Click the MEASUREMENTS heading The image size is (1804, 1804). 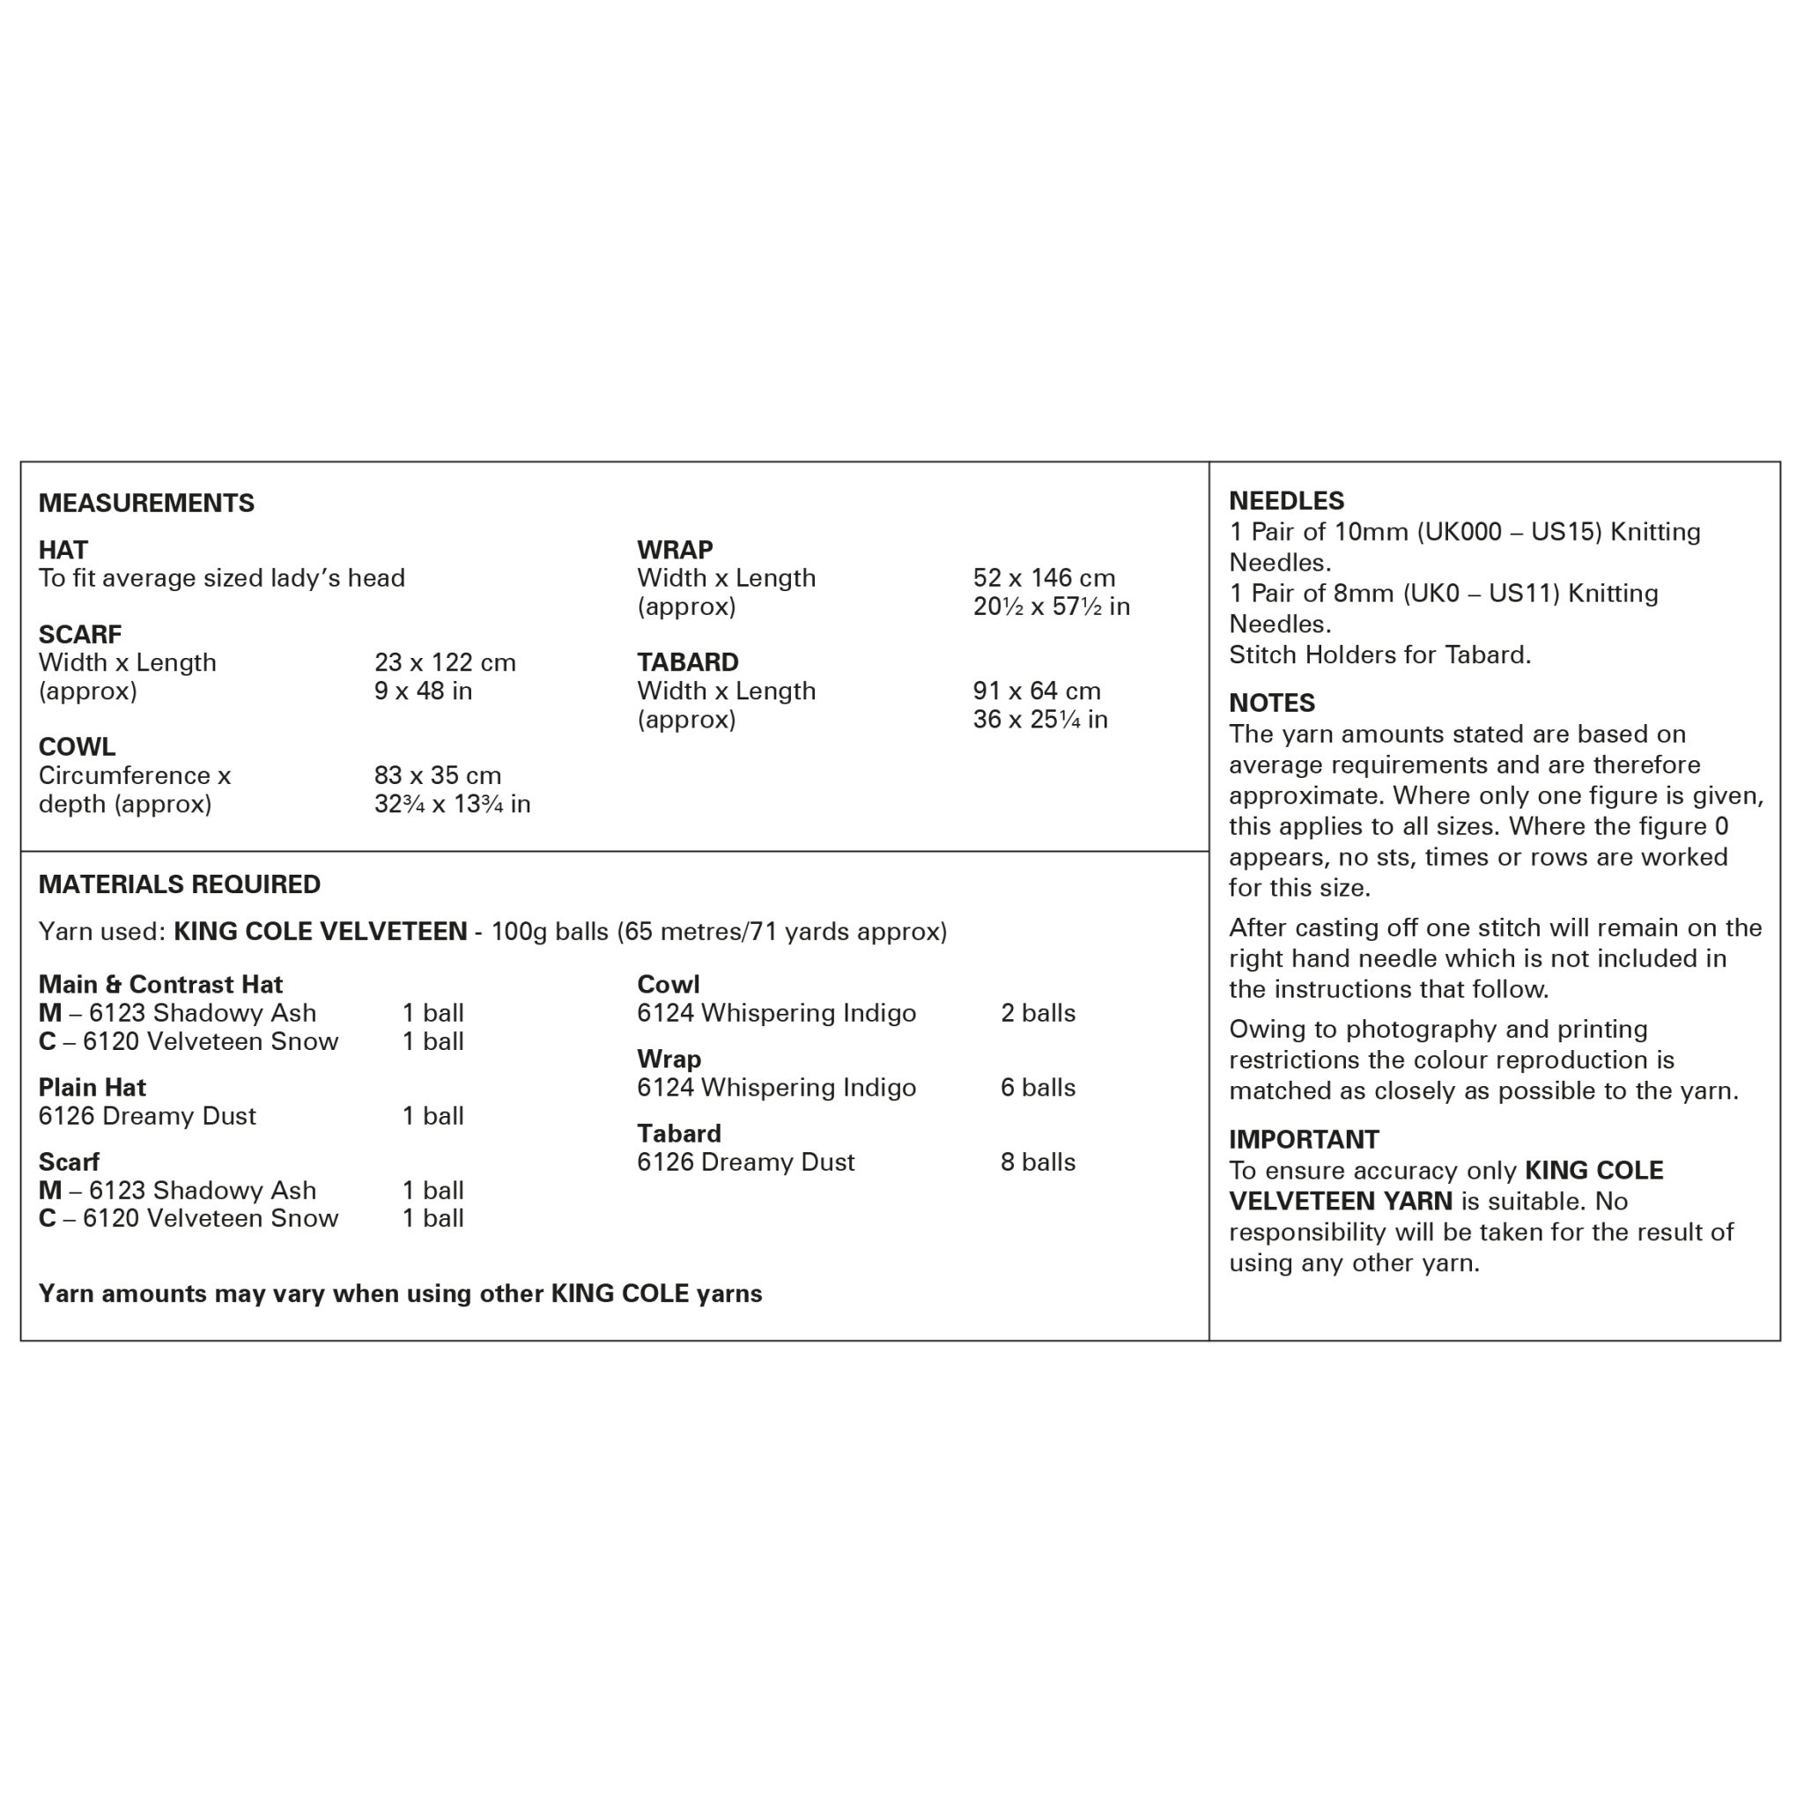point(146,503)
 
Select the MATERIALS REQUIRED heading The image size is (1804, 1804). point(180,884)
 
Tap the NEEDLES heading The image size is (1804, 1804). point(1286,501)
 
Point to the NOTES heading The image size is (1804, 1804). point(1271,703)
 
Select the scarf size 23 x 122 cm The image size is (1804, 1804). point(445,663)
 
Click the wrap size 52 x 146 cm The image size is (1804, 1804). point(1043,578)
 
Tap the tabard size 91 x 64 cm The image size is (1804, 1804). point(1037,691)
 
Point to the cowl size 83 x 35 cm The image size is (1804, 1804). point(437,775)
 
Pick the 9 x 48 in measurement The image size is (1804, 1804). point(423,691)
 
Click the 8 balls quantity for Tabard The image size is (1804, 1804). point(1038,1162)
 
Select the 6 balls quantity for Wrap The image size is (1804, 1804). point(1038,1087)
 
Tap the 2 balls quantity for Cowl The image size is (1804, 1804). point(1038,1013)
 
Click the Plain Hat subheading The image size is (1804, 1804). point(92,1087)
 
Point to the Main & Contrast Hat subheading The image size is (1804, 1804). point(160,984)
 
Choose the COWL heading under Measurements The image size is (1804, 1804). point(78,747)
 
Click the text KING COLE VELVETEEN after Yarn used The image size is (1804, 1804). point(321,932)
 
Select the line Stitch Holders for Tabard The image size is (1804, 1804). point(1379,654)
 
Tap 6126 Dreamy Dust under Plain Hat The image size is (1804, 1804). point(146,1116)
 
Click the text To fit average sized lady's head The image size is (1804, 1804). point(221,578)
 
